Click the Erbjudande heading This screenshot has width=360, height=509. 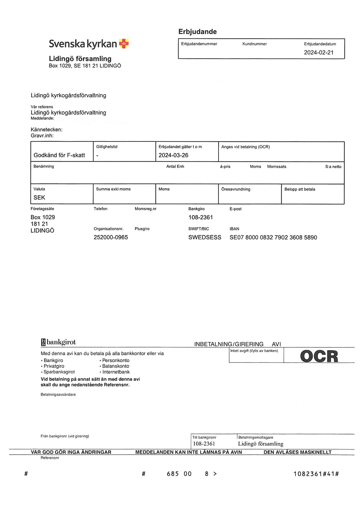197,32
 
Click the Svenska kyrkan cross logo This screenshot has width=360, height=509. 124,44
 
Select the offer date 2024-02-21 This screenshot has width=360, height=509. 319,53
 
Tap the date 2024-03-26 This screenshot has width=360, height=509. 173,155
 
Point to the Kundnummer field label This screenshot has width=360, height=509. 255,44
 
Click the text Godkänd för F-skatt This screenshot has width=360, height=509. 59,155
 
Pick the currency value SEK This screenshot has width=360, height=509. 39,198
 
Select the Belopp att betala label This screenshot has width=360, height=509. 300,189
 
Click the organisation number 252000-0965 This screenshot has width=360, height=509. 111,237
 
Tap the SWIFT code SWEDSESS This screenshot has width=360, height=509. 204,237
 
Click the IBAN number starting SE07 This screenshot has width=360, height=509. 273,237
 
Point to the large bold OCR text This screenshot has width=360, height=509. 319,356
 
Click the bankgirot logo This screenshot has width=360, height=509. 58,342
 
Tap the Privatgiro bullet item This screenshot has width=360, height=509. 54,366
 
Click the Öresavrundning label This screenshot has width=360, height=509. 236,189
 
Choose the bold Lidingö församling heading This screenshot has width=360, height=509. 80,59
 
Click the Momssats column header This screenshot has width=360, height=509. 276,167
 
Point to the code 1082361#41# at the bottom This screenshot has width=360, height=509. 316,474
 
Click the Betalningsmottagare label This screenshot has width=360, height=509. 256,437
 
